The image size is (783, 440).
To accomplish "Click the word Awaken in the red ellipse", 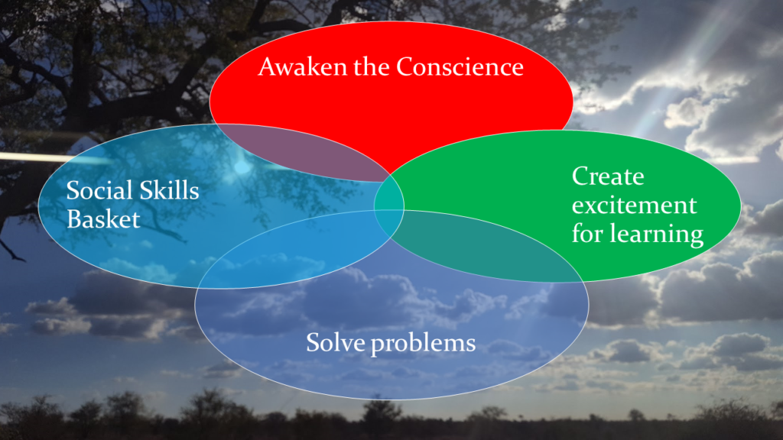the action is [x=302, y=67].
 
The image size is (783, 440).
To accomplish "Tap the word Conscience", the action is [x=460, y=67].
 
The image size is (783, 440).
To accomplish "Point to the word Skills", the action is [x=168, y=190].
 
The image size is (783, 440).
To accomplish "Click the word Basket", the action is [x=103, y=219].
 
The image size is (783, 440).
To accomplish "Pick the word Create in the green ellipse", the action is [x=608, y=176].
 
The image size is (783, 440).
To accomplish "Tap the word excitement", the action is [x=634, y=205].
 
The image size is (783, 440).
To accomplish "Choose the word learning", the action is [x=657, y=235].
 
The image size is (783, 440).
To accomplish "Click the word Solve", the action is [x=335, y=343].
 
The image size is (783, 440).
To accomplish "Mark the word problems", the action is [x=424, y=344].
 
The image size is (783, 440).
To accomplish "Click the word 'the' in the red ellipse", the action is [x=372, y=67].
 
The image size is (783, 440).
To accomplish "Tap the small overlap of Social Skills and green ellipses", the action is [x=389, y=205].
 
